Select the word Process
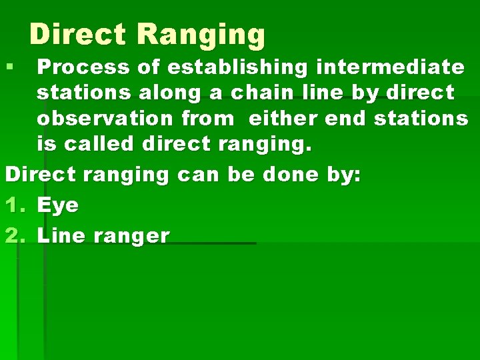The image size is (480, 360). pos(82,67)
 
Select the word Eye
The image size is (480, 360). pos(58,205)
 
